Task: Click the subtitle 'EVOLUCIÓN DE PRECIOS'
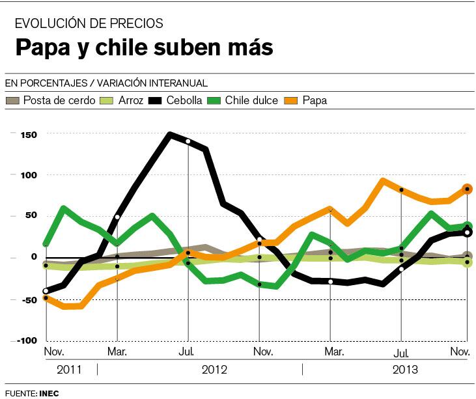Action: (x=89, y=24)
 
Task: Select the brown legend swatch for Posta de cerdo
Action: (x=12, y=100)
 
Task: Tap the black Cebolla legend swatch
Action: (x=156, y=100)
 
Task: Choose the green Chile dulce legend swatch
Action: (x=214, y=100)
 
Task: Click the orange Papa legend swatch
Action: (x=292, y=100)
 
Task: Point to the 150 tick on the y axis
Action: (x=29, y=135)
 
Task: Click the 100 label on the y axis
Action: (x=29, y=175)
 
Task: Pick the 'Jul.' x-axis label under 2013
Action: (x=402, y=354)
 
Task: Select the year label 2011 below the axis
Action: (x=69, y=370)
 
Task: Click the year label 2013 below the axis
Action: (x=405, y=370)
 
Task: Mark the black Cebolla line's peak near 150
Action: (x=171, y=135)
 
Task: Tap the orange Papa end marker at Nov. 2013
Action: (x=467, y=189)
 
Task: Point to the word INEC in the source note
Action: (x=49, y=393)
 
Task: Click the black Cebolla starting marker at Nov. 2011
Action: (x=46, y=291)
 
